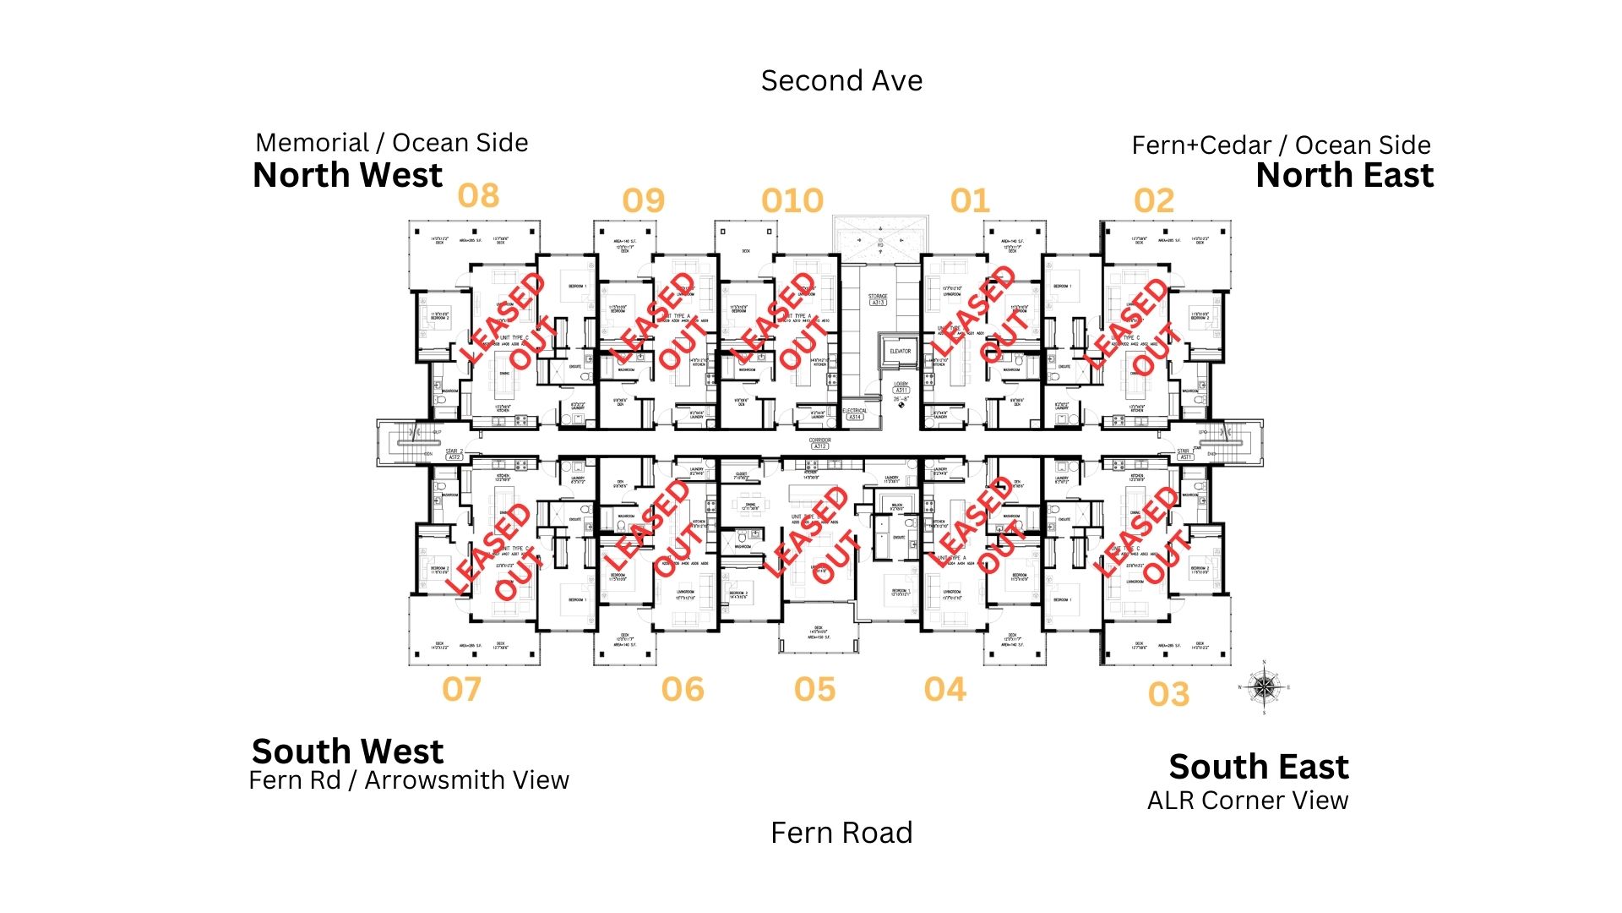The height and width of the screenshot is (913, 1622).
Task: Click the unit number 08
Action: [x=478, y=196]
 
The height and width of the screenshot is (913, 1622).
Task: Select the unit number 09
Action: [x=644, y=201]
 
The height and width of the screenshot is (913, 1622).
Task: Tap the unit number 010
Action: [x=792, y=201]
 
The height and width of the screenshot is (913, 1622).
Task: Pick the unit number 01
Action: [x=969, y=201]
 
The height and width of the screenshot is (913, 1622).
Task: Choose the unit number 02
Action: [x=1154, y=201]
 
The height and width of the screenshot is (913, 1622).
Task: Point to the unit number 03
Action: [x=1168, y=695]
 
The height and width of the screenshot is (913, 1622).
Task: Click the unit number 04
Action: [x=944, y=690]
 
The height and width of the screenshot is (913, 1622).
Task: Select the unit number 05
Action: [x=814, y=690]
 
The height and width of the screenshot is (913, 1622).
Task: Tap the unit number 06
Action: [x=683, y=690]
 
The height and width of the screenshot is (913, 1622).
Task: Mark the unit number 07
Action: [x=461, y=690]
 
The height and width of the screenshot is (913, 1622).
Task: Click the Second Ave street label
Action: [x=841, y=81]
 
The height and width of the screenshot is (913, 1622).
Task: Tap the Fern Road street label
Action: [x=841, y=834]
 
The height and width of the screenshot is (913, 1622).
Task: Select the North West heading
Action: [x=347, y=176]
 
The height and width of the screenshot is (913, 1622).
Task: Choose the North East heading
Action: [x=1345, y=176]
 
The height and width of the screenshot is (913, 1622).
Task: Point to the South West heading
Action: [x=347, y=752]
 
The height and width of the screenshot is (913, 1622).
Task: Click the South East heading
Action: [x=1259, y=767]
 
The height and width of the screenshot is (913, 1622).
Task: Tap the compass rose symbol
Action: [x=1264, y=687]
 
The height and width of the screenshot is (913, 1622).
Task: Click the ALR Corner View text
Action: [x=1248, y=801]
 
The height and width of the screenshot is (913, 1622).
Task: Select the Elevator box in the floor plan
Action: [x=900, y=353]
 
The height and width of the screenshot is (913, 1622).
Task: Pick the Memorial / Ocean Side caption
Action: [x=392, y=143]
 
